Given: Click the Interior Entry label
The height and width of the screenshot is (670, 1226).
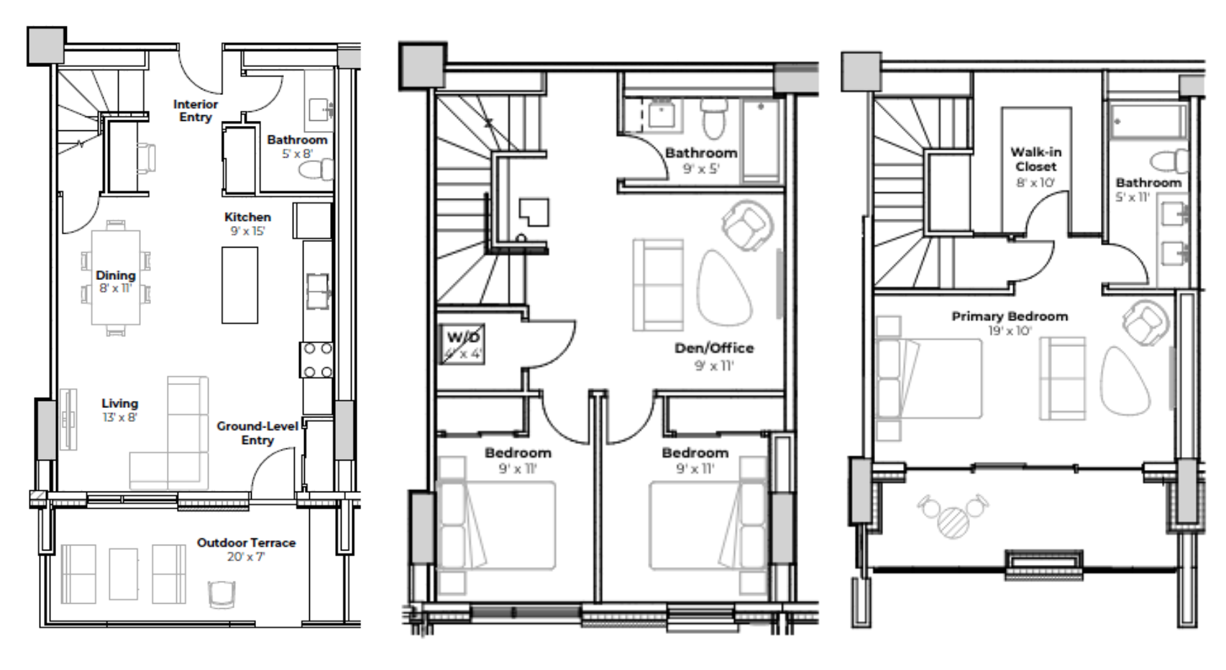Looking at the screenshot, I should click(195, 111).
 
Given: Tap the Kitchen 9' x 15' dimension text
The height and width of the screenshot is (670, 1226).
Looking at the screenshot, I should click(247, 232).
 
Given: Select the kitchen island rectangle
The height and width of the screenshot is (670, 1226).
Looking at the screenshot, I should click(239, 285).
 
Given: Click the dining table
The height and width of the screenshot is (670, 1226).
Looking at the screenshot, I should click(116, 277).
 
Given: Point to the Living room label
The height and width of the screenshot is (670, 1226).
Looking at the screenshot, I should click(119, 404).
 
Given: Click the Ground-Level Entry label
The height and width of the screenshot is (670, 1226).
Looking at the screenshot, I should click(257, 433).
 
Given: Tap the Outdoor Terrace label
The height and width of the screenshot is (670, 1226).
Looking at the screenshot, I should click(246, 543).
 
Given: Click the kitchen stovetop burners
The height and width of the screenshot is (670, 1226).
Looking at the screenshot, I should click(317, 361).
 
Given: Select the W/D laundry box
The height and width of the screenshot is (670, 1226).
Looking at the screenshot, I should click(462, 344).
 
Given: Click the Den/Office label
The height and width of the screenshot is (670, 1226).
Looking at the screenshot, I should click(714, 348).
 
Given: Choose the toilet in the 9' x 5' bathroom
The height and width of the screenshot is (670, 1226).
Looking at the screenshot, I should click(714, 118).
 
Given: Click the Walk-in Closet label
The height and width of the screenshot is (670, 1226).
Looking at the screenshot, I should click(1035, 159).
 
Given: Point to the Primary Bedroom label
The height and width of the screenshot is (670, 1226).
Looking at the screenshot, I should click(1010, 316).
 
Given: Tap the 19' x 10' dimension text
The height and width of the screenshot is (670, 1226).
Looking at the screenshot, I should click(1010, 331).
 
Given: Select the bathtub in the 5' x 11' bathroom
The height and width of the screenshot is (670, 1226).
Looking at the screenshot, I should click(1148, 122).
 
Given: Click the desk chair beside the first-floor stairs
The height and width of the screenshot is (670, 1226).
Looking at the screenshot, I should click(146, 158).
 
